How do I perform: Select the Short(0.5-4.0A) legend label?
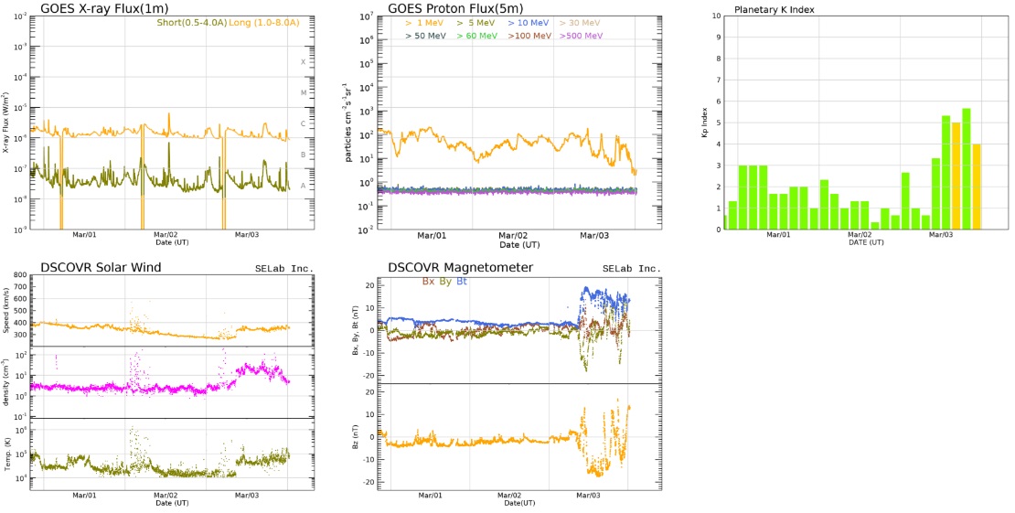click(x=187, y=23)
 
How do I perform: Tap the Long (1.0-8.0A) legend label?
click(x=256, y=23)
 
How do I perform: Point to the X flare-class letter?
click(x=304, y=62)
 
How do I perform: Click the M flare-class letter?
click(x=304, y=93)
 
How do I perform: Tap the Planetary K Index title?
click(x=775, y=10)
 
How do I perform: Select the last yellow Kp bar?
click(x=977, y=187)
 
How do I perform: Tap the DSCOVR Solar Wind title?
click(x=101, y=267)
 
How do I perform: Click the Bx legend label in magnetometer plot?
click(x=428, y=282)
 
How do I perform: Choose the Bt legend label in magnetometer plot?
click(x=462, y=282)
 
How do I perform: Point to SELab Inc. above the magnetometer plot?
click(x=631, y=269)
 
